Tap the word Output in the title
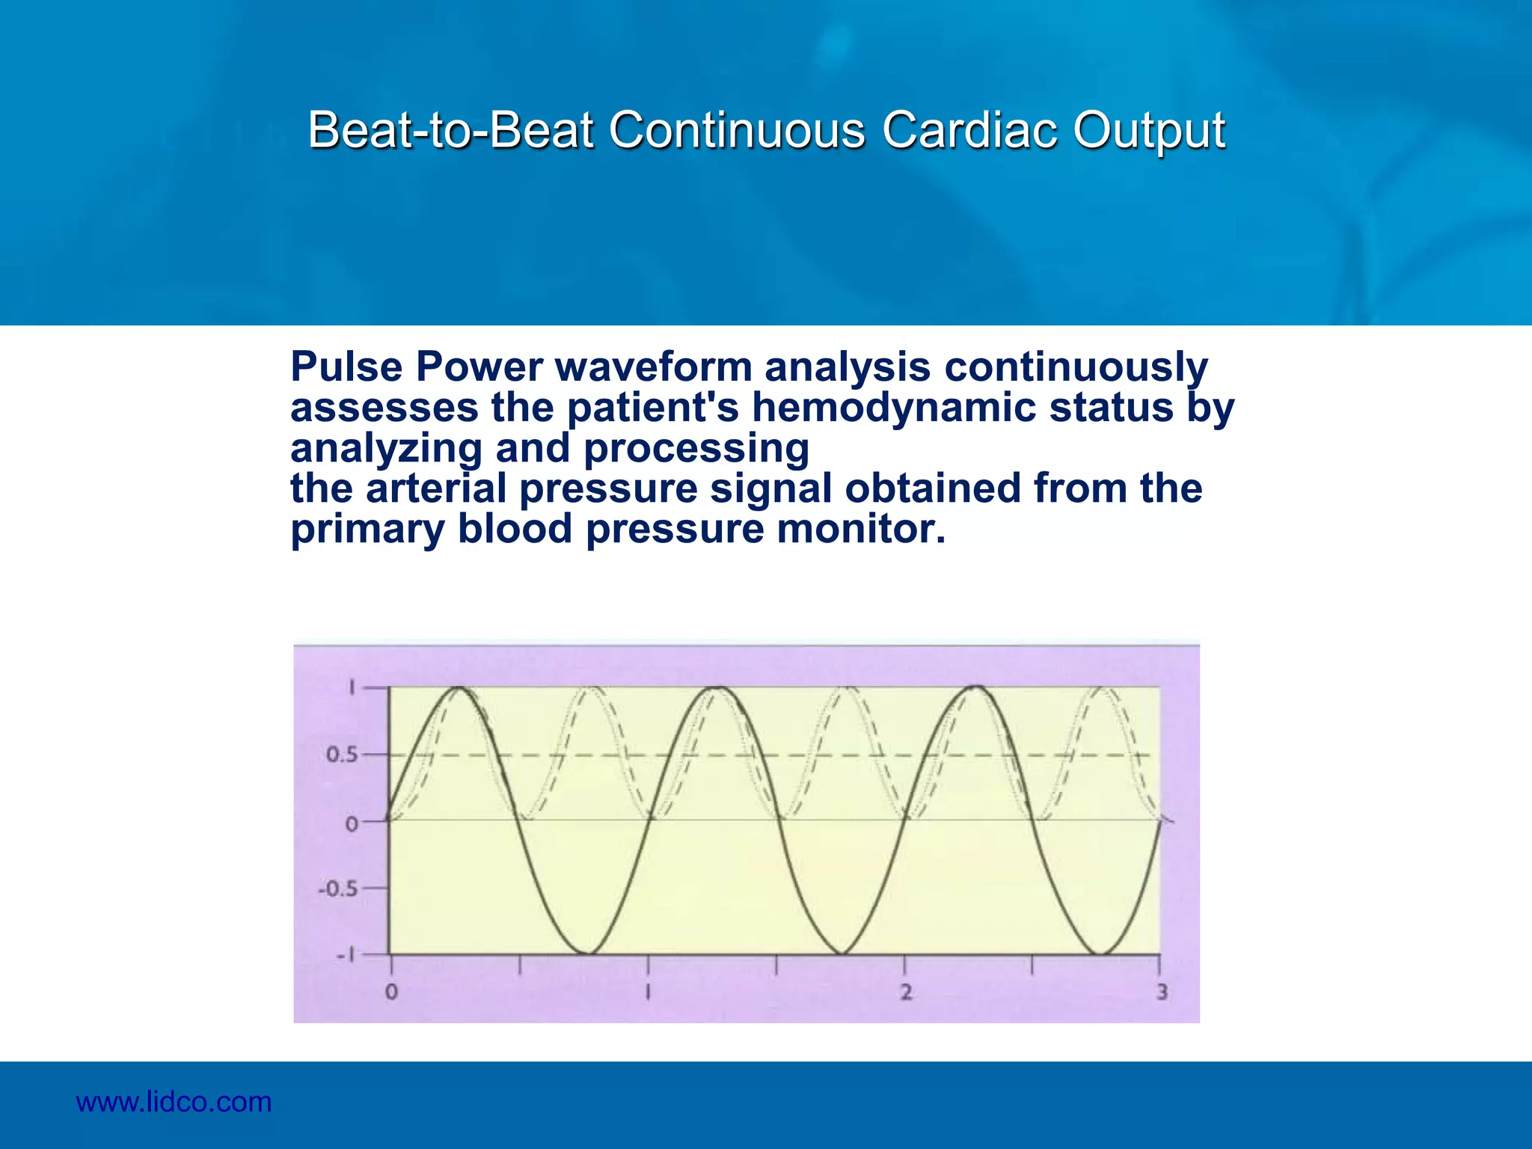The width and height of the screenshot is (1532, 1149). [x=1149, y=130]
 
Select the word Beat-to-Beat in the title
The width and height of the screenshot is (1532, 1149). [x=451, y=130]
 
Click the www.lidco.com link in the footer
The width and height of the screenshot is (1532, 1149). [x=174, y=1102]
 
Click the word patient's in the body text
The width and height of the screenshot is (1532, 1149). [x=652, y=408]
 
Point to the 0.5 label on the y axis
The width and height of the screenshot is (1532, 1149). [x=341, y=755]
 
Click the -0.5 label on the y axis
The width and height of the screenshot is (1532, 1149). [x=337, y=889]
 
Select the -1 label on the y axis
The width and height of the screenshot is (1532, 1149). [x=345, y=955]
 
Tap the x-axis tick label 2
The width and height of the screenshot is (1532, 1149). [x=905, y=993]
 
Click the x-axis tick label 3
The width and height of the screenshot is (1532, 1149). [x=1161, y=993]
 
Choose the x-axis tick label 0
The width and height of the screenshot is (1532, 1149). [x=391, y=993]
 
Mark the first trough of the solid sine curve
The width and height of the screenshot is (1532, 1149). [x=584, y=953]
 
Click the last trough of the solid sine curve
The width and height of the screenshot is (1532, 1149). [x=1100, y=953]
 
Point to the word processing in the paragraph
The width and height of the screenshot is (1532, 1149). [x=696, y=448]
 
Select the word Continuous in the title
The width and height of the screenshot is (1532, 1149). [x=737, y=130]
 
